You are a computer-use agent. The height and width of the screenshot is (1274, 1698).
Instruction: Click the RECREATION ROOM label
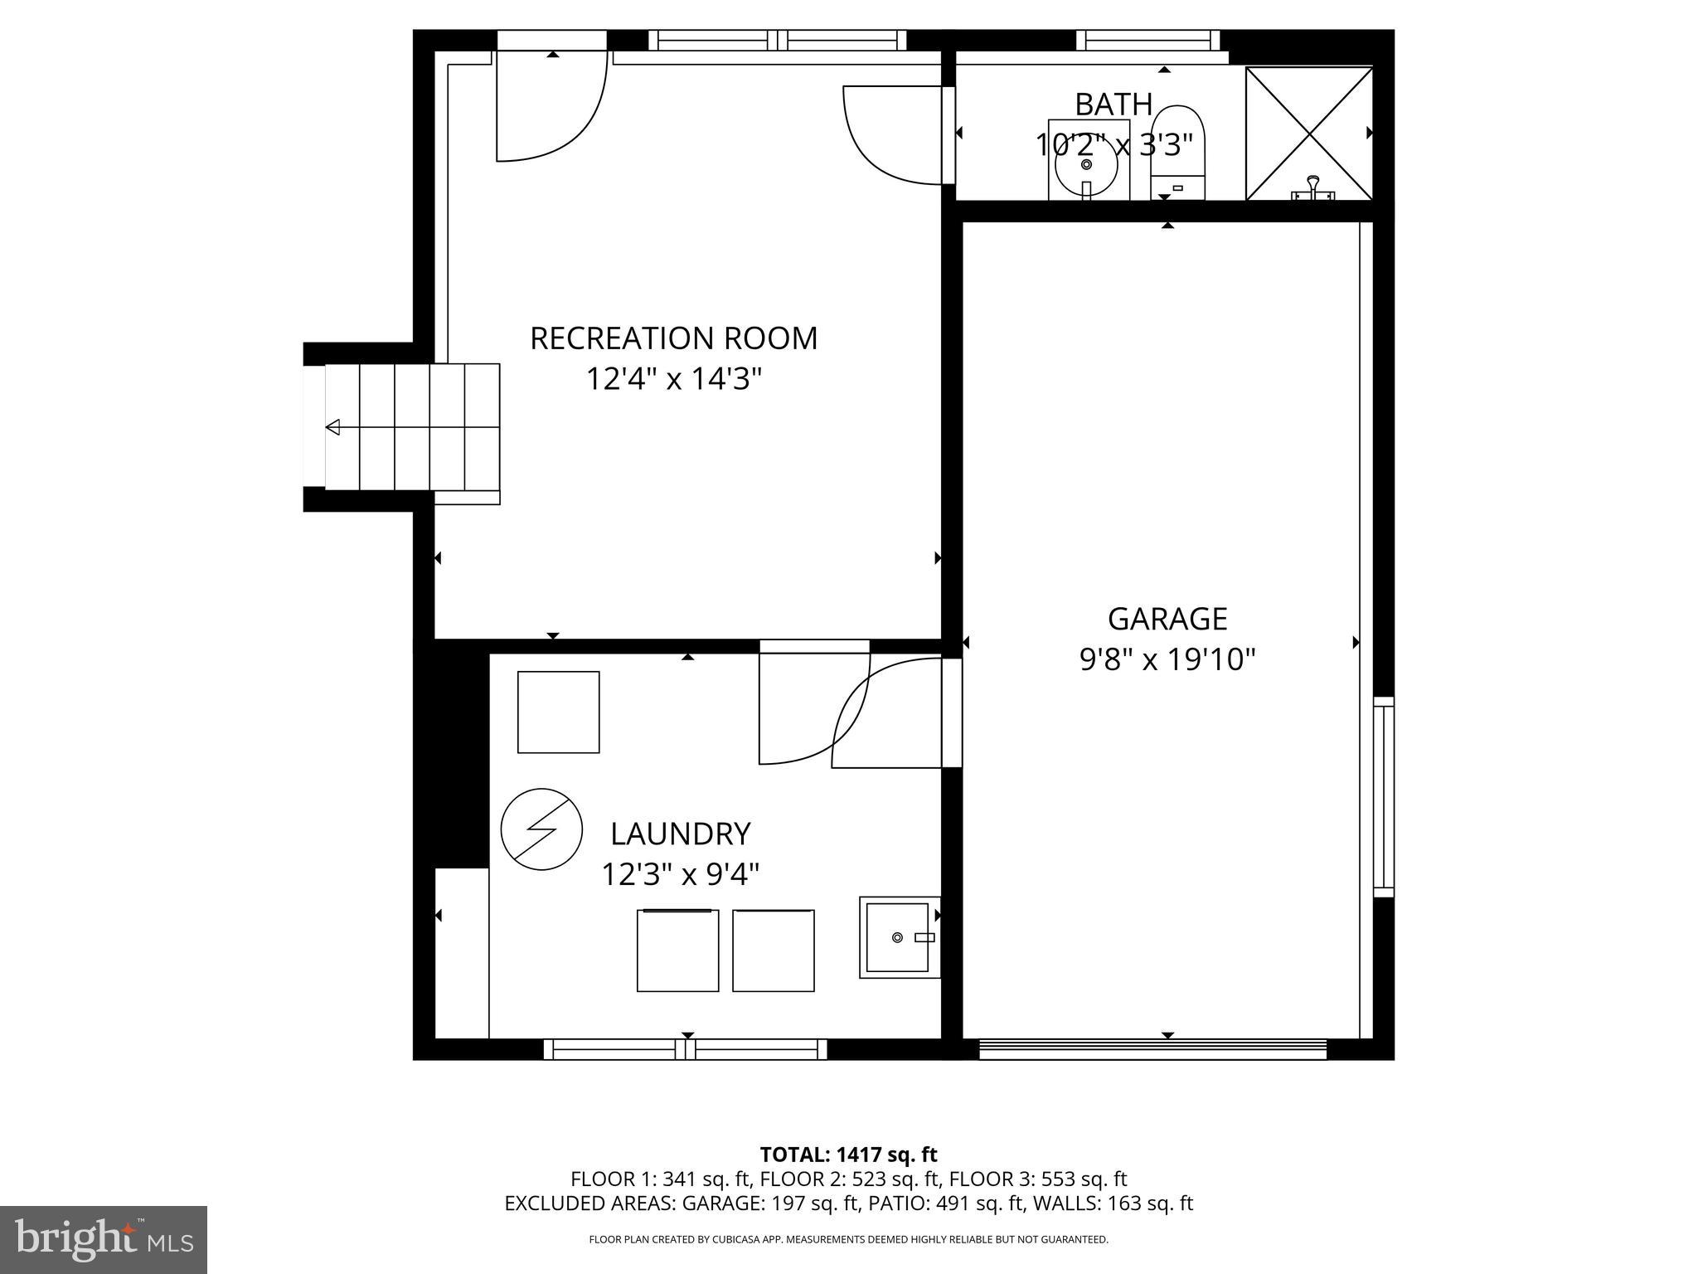[673, 338]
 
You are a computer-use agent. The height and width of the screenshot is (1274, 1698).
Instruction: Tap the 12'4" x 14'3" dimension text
[673, 380]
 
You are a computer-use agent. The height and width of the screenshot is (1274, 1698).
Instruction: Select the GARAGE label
[1167, 619]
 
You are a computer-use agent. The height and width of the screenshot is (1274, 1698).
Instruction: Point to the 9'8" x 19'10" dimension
[1167, 660]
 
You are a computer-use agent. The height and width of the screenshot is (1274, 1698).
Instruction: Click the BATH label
[1113, 105]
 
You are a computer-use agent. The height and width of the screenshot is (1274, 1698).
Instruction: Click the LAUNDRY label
[680, 833]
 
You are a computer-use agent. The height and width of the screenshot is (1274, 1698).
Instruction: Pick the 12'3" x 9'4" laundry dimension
[680, 874]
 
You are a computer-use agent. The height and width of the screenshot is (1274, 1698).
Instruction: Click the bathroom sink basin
[1087, 162]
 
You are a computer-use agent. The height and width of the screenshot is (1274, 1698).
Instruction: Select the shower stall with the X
[1308, 133]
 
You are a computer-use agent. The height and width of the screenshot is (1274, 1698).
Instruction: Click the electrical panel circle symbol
[541, 829]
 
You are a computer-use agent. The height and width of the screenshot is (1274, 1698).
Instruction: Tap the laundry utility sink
[898, 937]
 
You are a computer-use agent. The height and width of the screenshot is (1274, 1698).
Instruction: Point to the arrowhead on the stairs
[333, 427]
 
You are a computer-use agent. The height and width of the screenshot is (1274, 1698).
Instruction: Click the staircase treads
[412, 427]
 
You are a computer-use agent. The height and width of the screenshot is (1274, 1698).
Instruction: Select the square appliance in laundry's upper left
[558, 712]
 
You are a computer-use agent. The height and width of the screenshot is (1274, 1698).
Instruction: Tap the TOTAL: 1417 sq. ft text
[848, 1154]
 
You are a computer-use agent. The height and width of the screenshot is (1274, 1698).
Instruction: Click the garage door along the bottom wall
[1152, 1049]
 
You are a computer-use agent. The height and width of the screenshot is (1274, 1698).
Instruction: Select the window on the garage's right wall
[1383, 796]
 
